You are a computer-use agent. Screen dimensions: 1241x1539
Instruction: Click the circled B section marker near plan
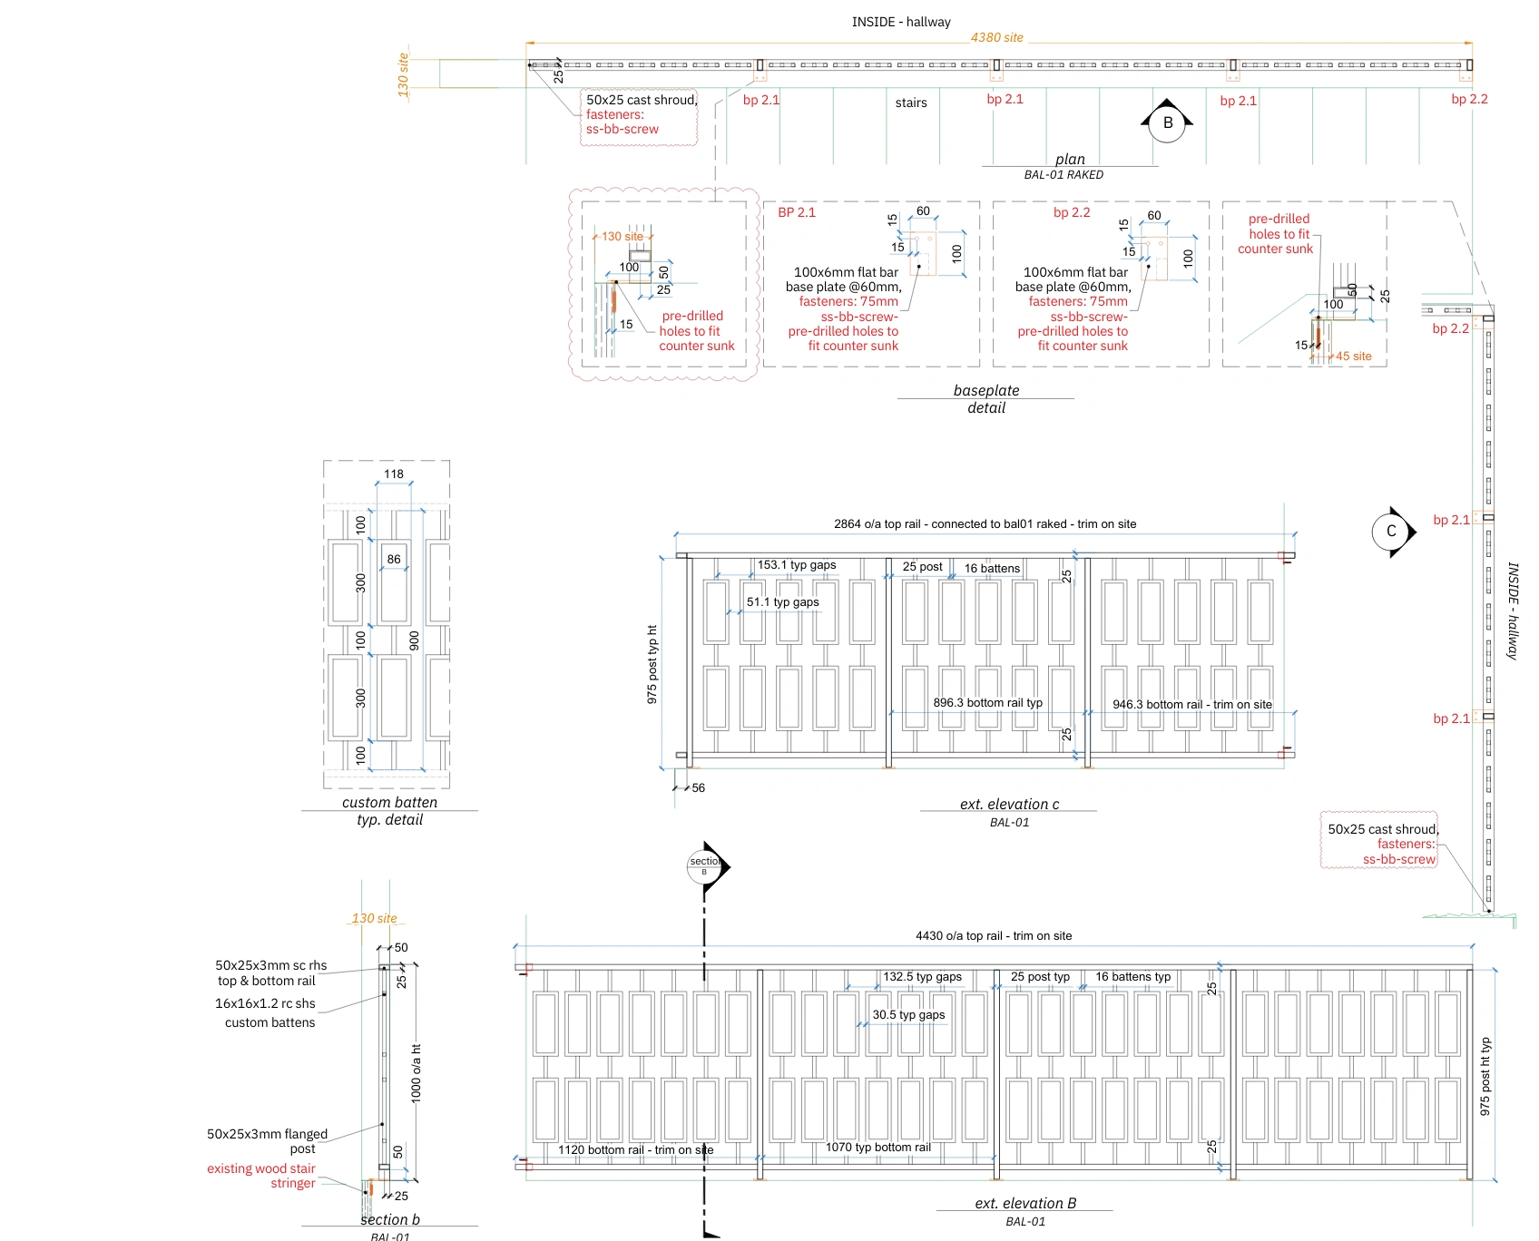[x=1167, y=122]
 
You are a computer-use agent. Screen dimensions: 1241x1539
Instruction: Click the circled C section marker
[x=1391, y=532]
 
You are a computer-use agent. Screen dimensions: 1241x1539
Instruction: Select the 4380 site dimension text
[x=996, y=37]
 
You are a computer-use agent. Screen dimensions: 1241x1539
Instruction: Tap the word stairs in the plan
[x=911, y=103]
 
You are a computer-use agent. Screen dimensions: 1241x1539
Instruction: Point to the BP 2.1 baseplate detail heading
[x=797, y=212]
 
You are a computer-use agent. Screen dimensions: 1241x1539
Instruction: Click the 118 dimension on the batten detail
[x=394, y=474]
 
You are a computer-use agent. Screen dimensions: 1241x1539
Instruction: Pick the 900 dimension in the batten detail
[x=415, y=640]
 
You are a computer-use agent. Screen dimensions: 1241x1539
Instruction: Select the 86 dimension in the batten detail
[x=394, y=559]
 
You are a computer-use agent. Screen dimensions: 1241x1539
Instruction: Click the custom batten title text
[x=389, y=802]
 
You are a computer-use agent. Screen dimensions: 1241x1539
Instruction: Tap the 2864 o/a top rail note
[x=985, y=523]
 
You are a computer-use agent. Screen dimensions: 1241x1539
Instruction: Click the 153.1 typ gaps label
[x=797, y=564]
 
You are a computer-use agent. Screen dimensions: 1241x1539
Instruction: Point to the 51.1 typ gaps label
[x=782, y=601]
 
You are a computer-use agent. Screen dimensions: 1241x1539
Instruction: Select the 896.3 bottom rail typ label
[x=987, y=702]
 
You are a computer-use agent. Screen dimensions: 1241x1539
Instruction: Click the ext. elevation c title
[x=1009, y=804]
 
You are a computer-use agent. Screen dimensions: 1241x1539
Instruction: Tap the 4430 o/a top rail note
[x=994, y=935]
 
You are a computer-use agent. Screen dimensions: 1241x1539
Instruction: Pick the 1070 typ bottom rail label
[x=877, y=1147]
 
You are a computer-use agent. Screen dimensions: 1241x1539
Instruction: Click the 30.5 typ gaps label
[x=908, y=1014]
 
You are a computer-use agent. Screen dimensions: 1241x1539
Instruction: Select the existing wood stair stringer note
[x=261, y=1176]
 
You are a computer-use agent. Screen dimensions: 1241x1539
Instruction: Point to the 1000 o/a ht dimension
[x=417, y=1072]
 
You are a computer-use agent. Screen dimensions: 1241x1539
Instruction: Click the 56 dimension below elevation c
[x=698, y=787]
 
